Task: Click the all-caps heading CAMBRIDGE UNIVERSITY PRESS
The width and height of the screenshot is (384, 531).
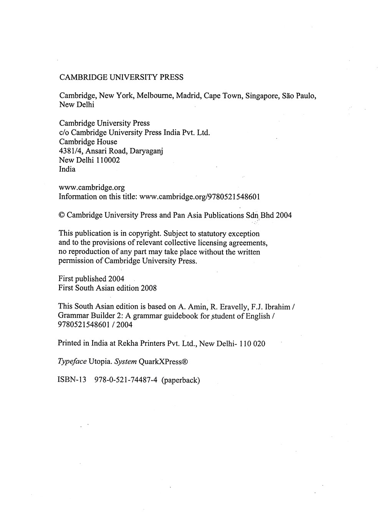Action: [x=121, y=77]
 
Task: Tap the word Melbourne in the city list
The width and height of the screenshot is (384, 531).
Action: [x=154, y=95]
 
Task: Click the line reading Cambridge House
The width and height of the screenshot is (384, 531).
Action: [x=88, y=141]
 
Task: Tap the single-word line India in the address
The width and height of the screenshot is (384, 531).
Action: [x=67, y=169]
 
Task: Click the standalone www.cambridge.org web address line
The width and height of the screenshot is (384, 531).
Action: [x=91, y=187]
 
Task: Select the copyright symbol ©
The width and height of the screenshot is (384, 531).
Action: [x=61, y=215]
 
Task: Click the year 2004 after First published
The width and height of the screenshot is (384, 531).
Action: [x=116, y=279]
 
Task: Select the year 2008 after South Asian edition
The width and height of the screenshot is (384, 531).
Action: [x=149, y=288]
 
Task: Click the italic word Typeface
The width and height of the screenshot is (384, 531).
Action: [x=72, y=362]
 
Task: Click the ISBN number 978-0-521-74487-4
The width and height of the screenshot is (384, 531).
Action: [x=126, y=380]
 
